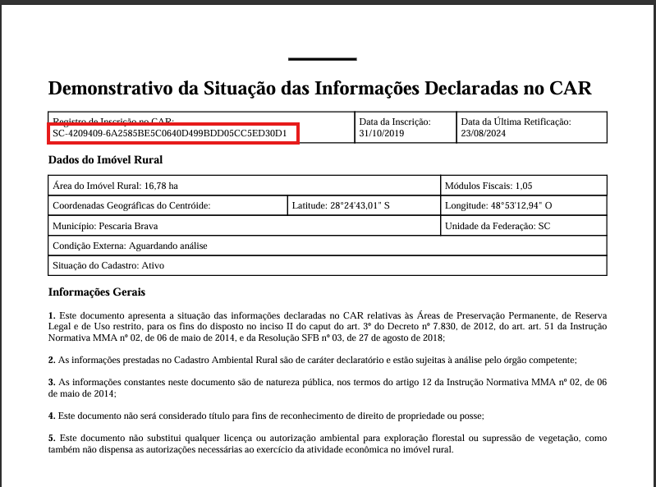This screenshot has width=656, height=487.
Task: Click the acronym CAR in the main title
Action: pos(569,89)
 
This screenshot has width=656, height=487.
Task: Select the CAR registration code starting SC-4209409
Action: pos(170,133)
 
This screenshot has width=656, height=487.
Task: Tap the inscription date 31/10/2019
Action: pos(382,133)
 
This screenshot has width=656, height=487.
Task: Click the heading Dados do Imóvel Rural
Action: pos(105,160)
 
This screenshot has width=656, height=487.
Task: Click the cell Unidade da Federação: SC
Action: pos(497,226)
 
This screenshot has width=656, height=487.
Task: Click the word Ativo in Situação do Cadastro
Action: pos(154,265)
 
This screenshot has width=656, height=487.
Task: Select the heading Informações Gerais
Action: pos(97,292)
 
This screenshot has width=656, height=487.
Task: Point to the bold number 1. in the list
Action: pos(52,315)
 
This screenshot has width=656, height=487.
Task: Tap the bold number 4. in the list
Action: pos(52,416)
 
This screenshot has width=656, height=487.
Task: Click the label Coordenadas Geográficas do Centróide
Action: pos(131,205)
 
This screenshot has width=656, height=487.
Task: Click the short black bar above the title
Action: pos(323,59)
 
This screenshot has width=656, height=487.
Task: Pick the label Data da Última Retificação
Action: pos(516,122)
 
